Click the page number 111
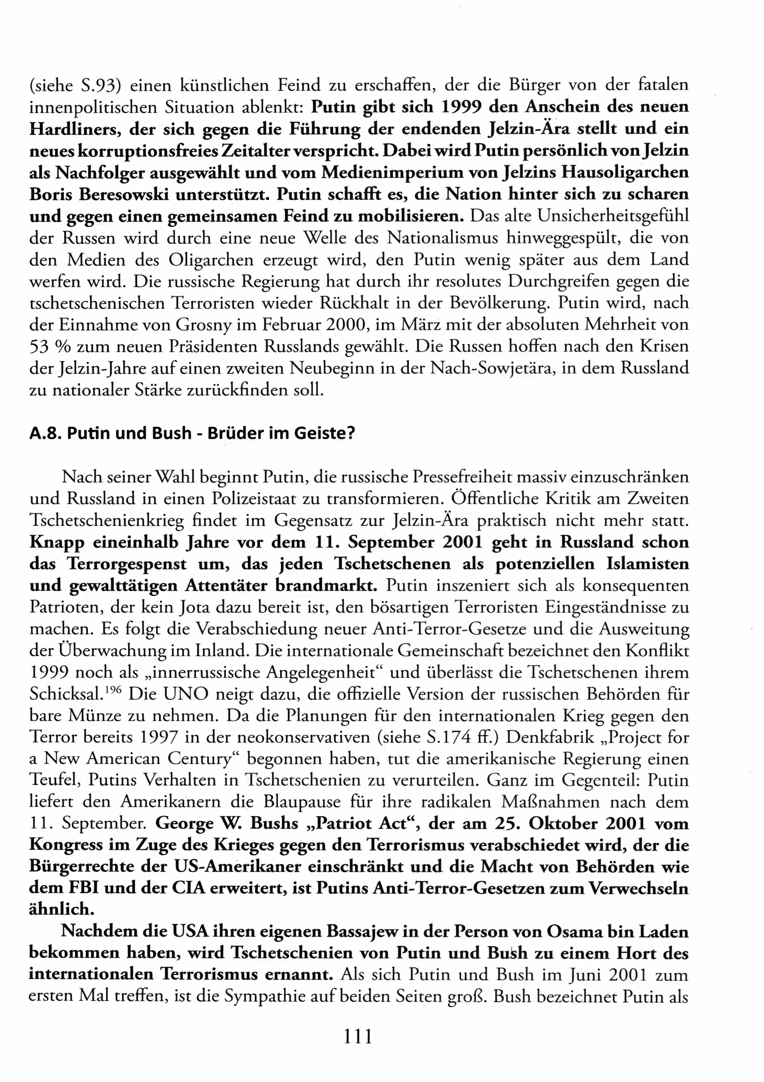tap(358, 1036)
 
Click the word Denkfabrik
tap(551, 737)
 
